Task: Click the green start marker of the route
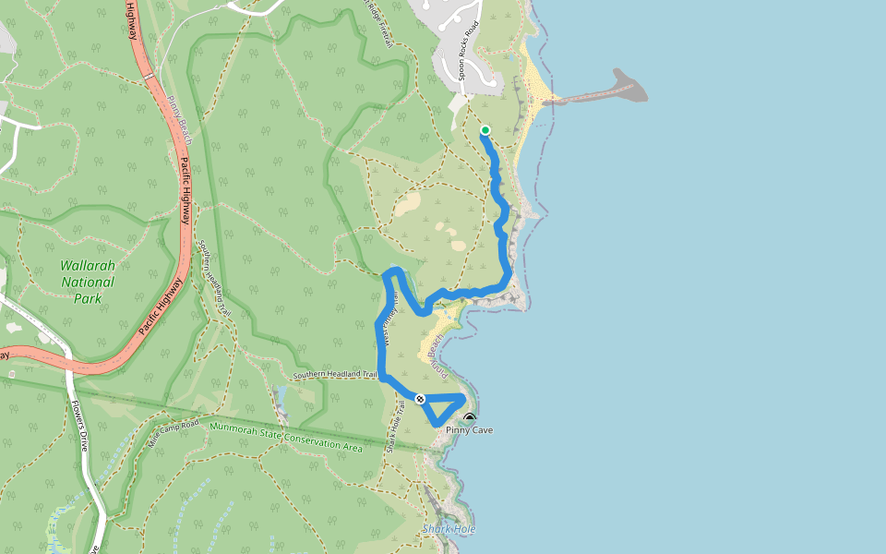[485, 130]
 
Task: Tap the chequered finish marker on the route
[420, 399]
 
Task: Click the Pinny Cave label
[470, 430]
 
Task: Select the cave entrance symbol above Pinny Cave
[470, 418]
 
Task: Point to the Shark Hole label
[449, 529]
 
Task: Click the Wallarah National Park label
[88, 282]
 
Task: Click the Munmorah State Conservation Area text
[286, 436]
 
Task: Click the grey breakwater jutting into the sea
[628, 88]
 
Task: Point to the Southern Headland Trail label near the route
[336, 376]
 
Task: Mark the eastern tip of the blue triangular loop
[462, 398]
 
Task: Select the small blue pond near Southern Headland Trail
[281, 400]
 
